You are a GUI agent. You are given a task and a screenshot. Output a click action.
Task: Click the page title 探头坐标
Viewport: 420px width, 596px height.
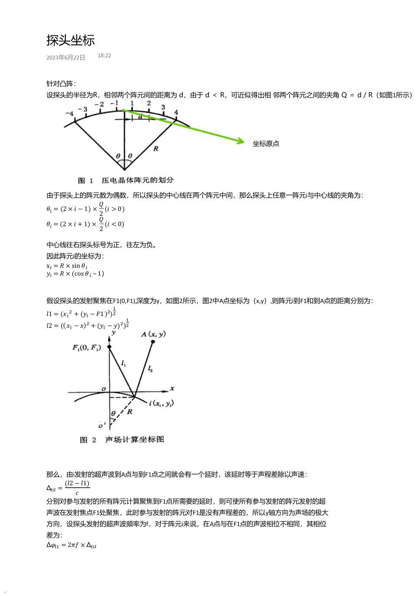(x=70, y=40)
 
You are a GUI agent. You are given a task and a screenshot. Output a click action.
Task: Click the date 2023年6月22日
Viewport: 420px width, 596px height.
(x=66, y=58)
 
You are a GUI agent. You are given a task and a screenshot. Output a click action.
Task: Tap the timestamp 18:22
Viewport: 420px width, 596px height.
(x=104, y=56)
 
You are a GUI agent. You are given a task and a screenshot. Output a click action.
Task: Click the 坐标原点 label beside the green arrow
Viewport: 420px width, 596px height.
(x=266, y=144)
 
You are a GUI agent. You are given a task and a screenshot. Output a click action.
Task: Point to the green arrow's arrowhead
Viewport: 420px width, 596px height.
(x=241, y=141)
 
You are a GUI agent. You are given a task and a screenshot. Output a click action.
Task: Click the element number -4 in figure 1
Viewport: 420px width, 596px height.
(x=69, y=113)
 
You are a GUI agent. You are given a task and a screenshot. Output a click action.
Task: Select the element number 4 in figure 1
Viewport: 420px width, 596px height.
(x=176, y=112)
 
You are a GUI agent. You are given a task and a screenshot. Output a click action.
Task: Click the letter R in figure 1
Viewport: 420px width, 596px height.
(x=155, y=148)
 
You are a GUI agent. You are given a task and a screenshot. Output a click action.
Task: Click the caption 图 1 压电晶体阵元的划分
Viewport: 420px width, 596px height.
(x=126, y=180)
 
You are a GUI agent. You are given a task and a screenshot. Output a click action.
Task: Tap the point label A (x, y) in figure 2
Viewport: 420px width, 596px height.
(x=153, y=334)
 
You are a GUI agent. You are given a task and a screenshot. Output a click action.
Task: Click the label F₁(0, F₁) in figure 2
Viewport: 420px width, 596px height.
(x=86, y=348)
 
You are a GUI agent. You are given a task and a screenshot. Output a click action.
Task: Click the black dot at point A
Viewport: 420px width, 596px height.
(x=153, y=342)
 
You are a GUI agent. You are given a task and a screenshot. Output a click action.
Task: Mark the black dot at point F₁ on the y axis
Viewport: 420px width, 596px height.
(x=109, y=347)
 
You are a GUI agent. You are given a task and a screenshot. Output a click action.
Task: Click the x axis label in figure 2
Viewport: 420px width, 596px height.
(x=172, y=389)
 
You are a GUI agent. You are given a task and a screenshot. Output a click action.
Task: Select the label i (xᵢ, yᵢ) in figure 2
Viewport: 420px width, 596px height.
(x=161, y=403)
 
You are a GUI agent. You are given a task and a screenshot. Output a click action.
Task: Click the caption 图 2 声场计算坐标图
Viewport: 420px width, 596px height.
(x=122, y=440)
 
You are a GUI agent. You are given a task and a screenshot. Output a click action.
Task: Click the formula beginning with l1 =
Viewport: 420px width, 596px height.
(x=81, y=313)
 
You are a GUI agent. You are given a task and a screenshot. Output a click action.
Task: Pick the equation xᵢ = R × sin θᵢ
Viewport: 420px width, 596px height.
(x=67, y=266)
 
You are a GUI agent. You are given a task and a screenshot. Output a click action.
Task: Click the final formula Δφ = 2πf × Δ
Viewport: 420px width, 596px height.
(x=71, y=545)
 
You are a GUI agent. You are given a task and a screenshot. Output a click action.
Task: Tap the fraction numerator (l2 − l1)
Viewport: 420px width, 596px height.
(x=77, y=483)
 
